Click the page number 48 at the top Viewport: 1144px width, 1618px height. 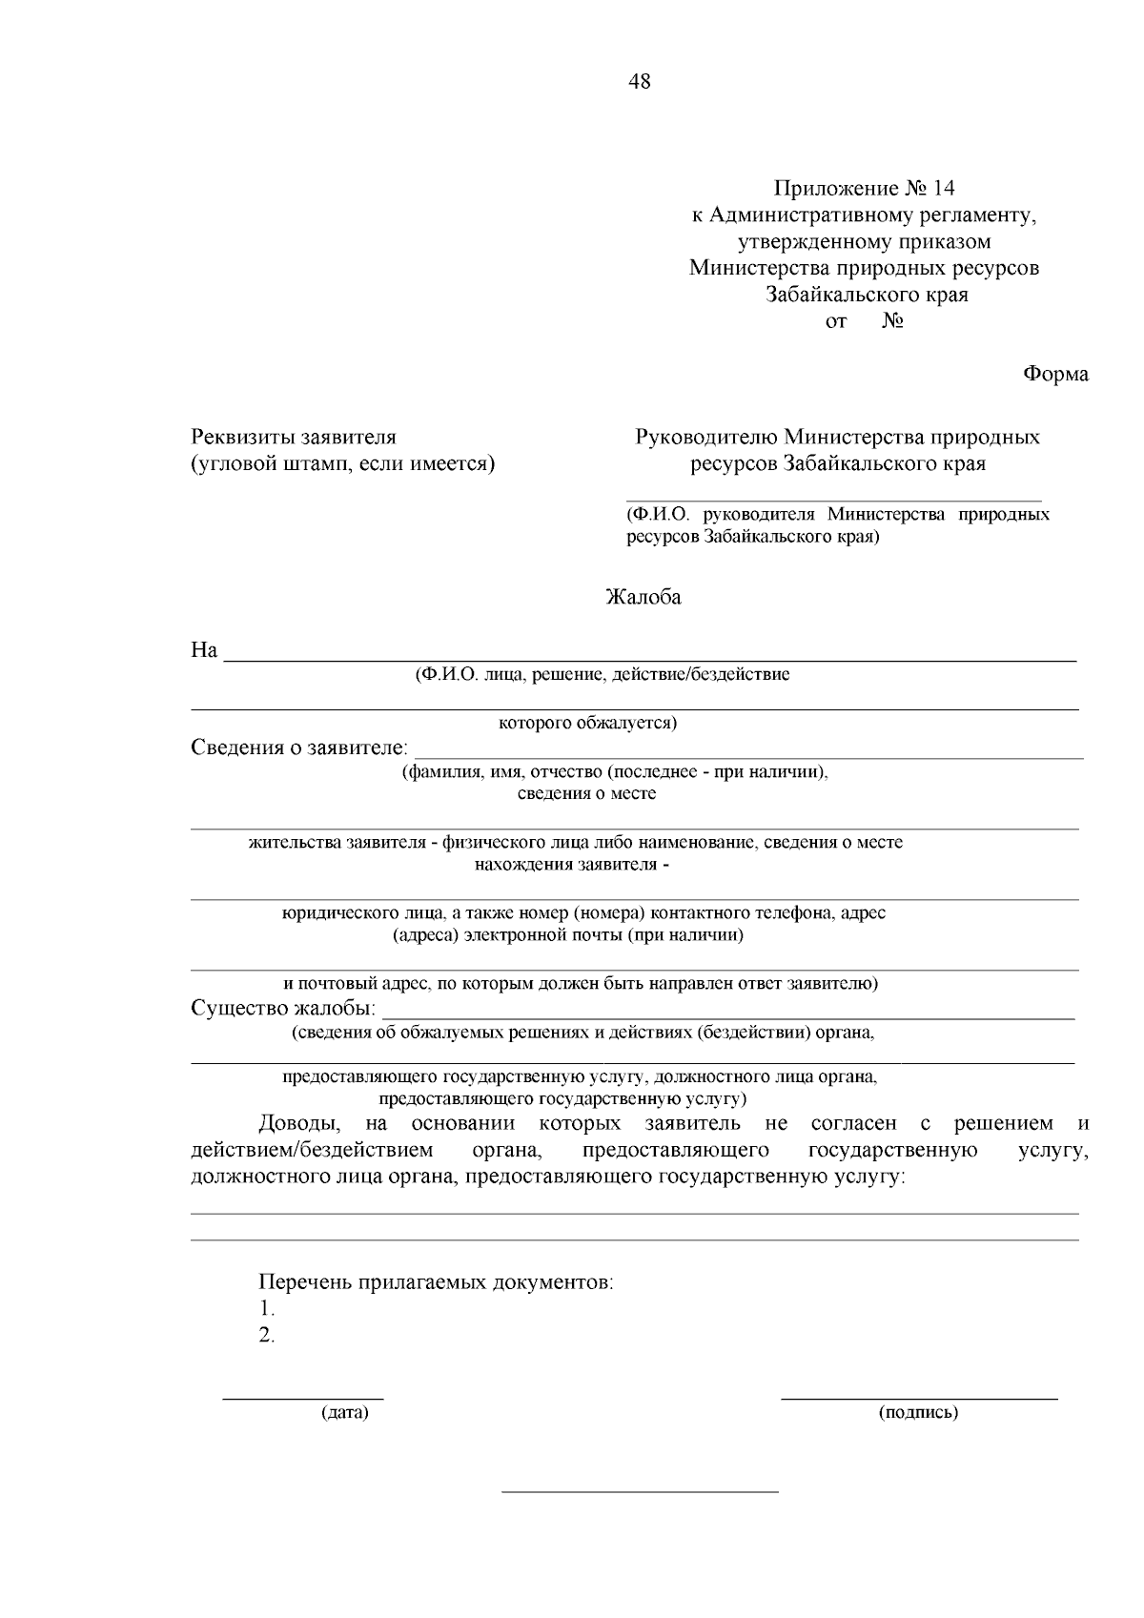pos(640,82)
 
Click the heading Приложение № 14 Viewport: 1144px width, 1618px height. pos(864,188)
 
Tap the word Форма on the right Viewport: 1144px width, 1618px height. pos(1055,375)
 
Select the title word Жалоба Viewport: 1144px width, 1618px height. pos(643,599)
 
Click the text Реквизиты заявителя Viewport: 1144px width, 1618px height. pos(294,438)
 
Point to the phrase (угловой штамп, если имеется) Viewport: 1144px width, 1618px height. pos(343,464)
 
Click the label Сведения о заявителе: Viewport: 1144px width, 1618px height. pos(299,747)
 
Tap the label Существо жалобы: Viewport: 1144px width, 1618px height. pos(284,1009)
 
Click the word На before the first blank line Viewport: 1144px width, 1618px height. pos(205,651)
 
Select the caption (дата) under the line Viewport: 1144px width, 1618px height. pos(344,1413)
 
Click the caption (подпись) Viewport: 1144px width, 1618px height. pos(918,1413)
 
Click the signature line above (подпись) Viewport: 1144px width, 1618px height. pos(919,1399)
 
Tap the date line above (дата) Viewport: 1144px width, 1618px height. pos(303,1399)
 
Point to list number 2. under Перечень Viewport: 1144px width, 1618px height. pos(267,1336)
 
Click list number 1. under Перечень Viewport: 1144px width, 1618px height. pos(267,1309)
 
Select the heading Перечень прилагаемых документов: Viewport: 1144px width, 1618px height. pos(437,1282)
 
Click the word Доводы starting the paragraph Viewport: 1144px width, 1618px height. pos(295,1124)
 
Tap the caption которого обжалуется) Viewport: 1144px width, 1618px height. pos(588,723)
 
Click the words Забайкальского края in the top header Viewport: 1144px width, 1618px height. pos(868,295)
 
